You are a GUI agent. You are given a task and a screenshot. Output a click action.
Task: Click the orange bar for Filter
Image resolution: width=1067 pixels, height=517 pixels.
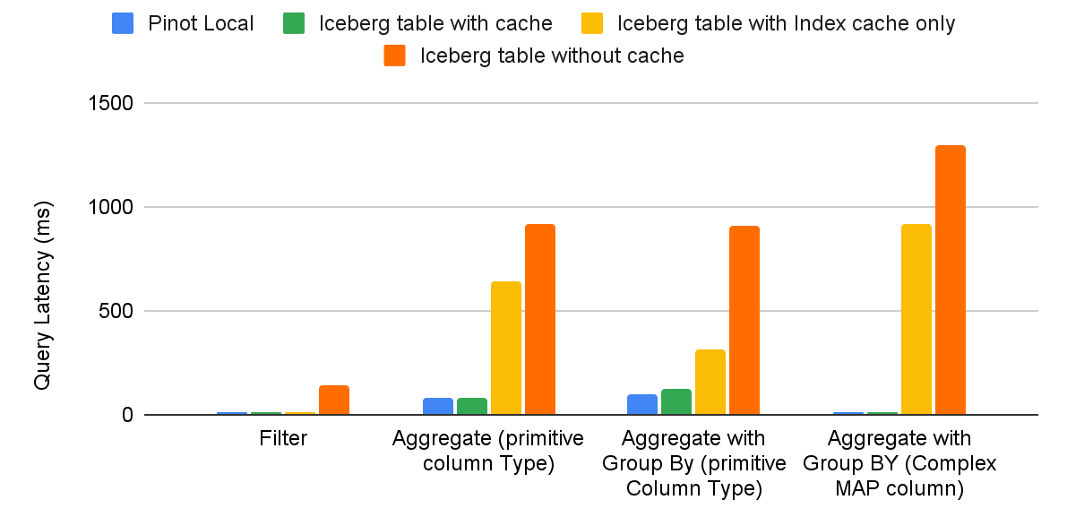334,401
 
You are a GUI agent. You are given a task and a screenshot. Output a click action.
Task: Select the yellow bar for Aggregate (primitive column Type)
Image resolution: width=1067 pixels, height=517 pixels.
506,349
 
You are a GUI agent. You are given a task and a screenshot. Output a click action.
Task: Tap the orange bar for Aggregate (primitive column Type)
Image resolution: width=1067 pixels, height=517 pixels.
540,320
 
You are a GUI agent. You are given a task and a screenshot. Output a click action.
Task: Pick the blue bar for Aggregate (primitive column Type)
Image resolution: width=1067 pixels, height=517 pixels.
438,407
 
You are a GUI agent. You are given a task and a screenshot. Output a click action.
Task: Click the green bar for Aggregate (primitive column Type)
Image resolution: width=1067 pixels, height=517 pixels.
472,407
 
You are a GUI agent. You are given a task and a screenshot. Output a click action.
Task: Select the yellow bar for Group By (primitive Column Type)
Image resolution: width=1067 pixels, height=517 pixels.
710,383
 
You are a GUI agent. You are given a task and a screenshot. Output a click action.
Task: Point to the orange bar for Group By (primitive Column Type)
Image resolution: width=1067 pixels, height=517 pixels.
744,321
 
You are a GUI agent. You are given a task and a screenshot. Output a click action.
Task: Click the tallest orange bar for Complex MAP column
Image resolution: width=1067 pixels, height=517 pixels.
951,280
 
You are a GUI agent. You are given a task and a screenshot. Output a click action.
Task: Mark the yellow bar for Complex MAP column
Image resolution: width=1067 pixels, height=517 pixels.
916,320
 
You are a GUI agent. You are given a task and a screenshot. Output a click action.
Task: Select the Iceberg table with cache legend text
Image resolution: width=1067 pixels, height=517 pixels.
435,23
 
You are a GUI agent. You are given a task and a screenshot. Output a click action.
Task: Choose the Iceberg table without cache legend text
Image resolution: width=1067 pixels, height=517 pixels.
552,56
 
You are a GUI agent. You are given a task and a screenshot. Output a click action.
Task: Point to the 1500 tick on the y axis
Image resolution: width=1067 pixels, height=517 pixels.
111,104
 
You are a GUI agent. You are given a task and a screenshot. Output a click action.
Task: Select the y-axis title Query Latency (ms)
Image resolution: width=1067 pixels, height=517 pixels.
42,295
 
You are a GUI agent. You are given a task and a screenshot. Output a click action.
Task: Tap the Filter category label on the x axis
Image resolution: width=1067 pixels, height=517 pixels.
283,439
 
